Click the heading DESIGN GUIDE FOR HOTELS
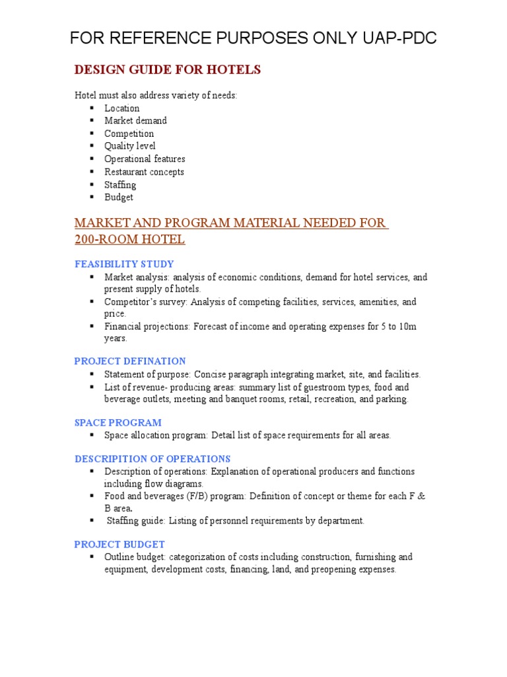(x=168, y=70)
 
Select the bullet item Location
(x=122, y=108)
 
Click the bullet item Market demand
(x=135, y=121)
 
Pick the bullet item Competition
(x=129, y=134)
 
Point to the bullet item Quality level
(x=130, y=146)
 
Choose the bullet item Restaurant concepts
(x=144, y=172)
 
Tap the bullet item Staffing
(x=120, y=184)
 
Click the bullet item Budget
(x=119, y=197)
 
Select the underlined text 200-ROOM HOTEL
(x=129, y=239)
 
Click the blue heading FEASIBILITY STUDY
(x=124, y=264)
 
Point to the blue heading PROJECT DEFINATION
(x=130, y=361)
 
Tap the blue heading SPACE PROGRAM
(x=118, y=422)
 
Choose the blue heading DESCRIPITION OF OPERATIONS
(x=152, y=459)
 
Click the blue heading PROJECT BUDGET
(x=119, y=544)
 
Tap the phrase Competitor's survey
(x=143, y=302)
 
